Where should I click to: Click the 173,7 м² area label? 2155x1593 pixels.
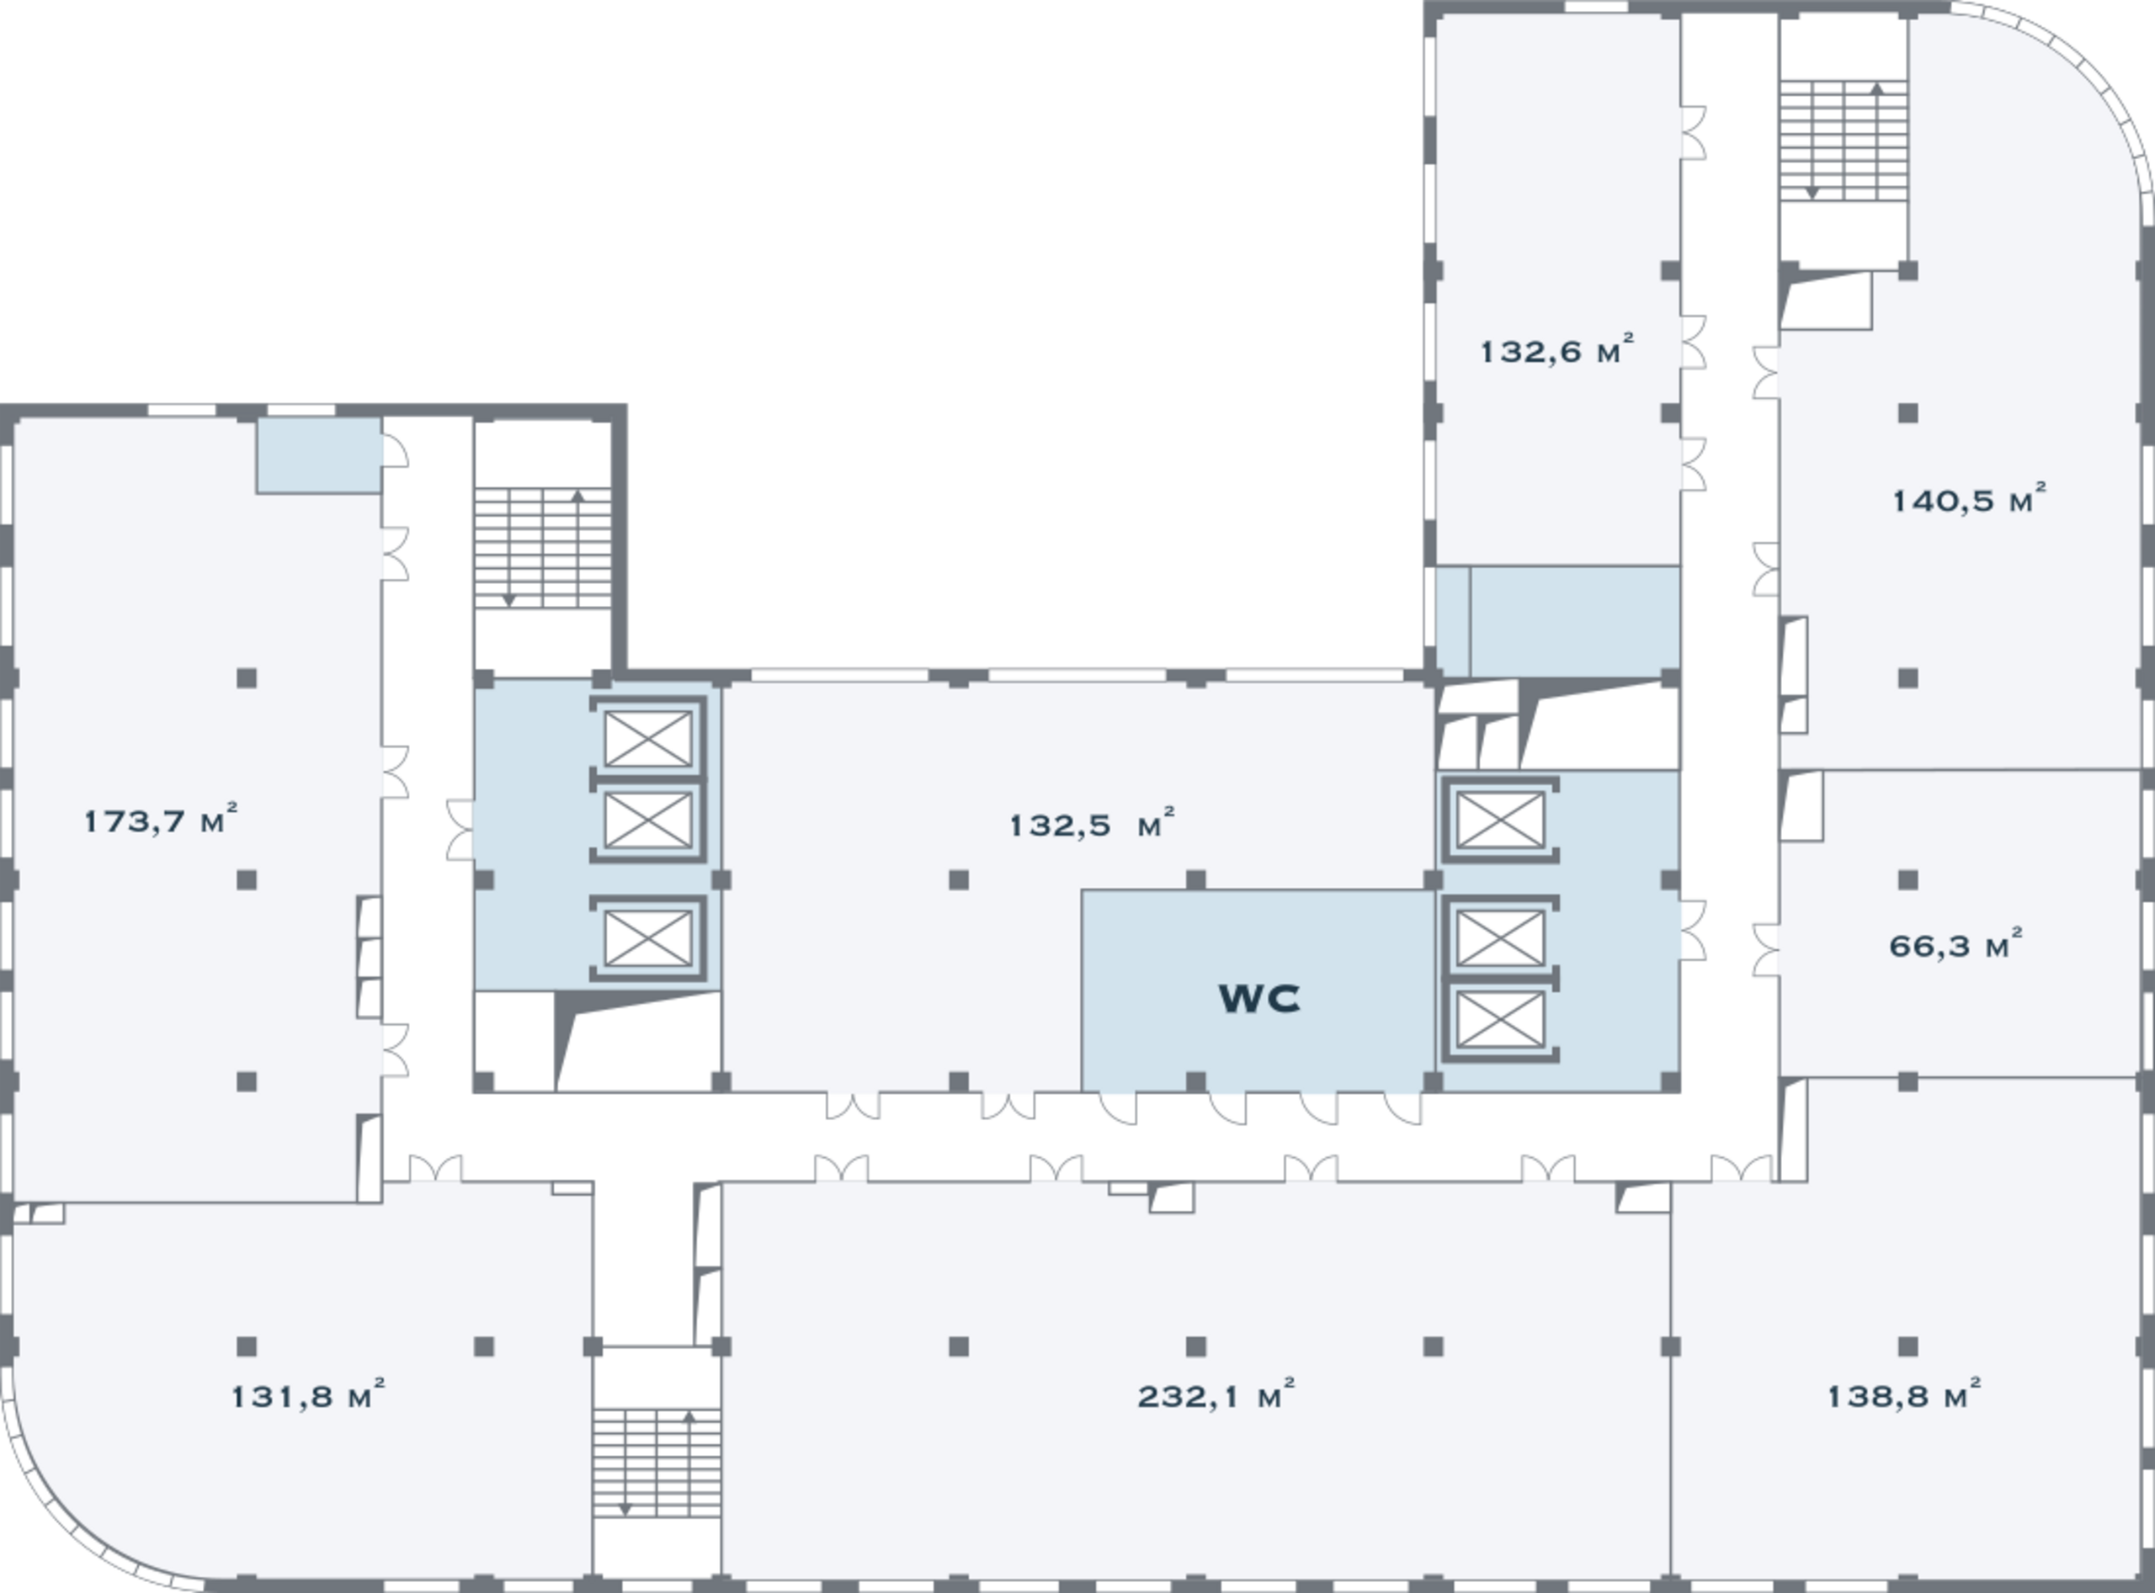click(x=161, y=820)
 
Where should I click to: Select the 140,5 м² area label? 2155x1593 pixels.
click(x=1969, y=500)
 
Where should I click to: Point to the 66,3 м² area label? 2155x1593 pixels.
click(x=1955, y=945)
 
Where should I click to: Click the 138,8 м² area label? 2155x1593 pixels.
click(x=1904, y=1395)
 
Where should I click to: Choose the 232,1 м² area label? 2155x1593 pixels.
click(x=1216, y=1395)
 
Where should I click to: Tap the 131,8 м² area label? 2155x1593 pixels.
click(x=308, y=1395)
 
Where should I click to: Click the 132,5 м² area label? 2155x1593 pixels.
click(x=1092, y=825)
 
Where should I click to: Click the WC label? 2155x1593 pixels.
click(x=1258, y=999)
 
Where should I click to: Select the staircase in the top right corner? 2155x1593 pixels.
click(x=1844, y=141)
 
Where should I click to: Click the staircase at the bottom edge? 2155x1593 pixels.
click(x=657, y=1462)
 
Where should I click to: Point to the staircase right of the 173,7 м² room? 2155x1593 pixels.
click(x=543, y=548)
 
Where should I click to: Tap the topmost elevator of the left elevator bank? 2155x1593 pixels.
click(x=648, y=738)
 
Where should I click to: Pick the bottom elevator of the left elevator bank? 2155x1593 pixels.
click(x=648, y=937)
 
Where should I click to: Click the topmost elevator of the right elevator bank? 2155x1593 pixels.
click(x=1500, y=819)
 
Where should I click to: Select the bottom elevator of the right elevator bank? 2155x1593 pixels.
click(x=1500, y=1019)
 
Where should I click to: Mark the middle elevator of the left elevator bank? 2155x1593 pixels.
click(x=648, y=819)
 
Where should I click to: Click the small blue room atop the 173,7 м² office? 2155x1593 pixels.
click(x=318, y=455)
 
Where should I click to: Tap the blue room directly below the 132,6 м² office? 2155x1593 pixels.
click(x=1557, y=622)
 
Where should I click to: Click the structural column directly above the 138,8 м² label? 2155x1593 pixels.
click(x=1907, y=1346)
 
